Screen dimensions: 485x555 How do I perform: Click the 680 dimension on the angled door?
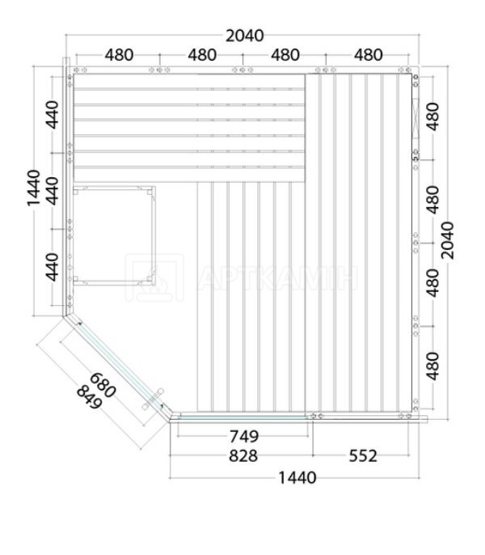point(103,385)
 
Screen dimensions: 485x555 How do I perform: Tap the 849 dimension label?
point(90,397)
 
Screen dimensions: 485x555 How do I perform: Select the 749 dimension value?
point(244,436)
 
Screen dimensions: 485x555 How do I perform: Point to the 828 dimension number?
point(243,456)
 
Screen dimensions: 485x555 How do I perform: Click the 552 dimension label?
point(363,456)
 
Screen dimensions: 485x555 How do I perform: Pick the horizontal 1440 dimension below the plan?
point(297,478)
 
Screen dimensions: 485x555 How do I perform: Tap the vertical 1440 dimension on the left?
point(34,188)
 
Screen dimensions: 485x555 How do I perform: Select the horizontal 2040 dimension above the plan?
point(245,36)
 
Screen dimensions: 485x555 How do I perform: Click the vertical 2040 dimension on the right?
point(448,240)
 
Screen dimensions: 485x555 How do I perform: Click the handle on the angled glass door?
point(153,399)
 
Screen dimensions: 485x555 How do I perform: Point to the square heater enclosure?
point(114,235)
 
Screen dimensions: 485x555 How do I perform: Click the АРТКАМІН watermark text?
point(278,277)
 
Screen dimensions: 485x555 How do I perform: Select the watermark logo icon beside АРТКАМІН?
point(154,277)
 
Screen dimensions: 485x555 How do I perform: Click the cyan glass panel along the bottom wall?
point(242,417)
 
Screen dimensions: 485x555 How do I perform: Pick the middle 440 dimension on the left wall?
point(53,191)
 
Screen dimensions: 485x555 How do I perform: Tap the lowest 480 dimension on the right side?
point(432,366)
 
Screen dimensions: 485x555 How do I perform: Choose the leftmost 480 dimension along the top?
point(119,55)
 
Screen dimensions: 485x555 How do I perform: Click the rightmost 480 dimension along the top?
point(369,55)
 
